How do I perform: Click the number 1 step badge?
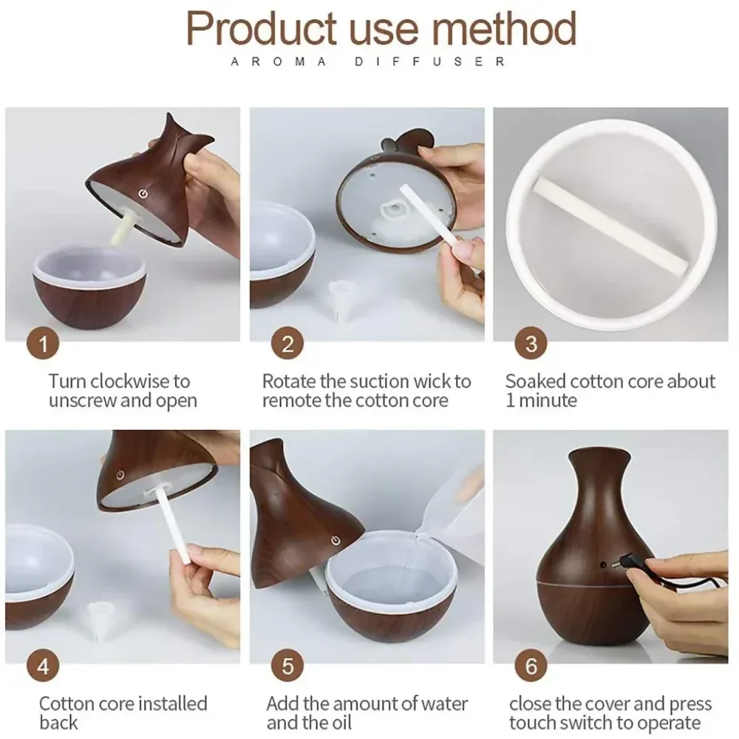(43, 344)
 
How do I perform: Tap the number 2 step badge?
(287, 344)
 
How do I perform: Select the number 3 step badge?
(531, 344)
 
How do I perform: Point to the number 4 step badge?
(43, 666)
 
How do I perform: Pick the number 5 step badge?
(287, 666)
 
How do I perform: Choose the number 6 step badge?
(531, 666)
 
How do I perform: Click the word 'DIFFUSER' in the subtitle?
(430, 62)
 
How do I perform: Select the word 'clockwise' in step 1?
(129, 381)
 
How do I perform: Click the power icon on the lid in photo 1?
(143, 194)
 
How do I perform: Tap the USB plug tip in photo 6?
(614, 564)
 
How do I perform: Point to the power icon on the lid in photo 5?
(336, 540)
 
